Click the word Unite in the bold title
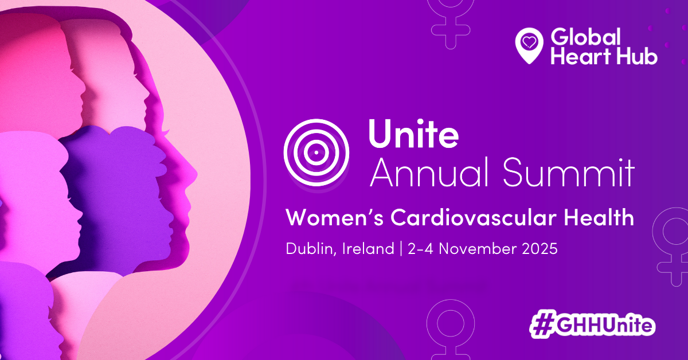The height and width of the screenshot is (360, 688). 413,134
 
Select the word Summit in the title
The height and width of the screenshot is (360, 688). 569,172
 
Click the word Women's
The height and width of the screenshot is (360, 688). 335,217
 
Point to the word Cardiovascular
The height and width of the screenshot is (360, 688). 474,217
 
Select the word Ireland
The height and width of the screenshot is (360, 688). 368,248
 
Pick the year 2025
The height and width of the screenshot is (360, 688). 540,248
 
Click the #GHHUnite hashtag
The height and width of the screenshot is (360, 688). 592,324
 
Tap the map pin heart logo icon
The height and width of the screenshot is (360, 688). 529,46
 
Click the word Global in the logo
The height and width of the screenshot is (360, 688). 586,37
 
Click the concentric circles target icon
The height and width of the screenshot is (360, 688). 316,152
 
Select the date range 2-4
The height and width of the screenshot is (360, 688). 420,248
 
